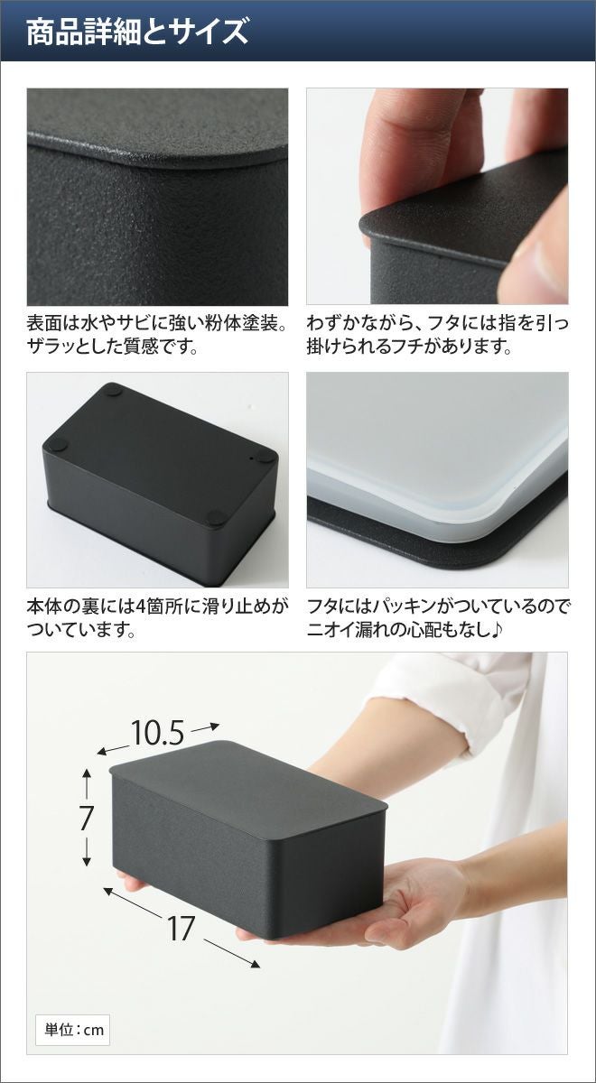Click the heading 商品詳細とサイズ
tap(137, 32)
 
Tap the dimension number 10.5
tap(157, 733)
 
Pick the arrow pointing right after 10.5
tap(206, 727)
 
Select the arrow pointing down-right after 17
tap(232, 940)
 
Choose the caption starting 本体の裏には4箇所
tap(157, 617)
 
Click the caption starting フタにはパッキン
tap(438, 617)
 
